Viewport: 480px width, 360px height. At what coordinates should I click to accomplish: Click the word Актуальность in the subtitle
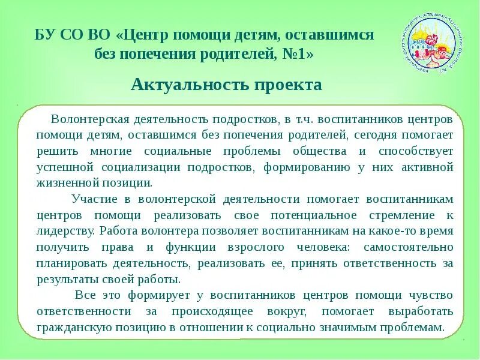(x=179, y=85)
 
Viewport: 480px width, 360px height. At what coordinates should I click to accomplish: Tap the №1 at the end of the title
(x=298, y=53)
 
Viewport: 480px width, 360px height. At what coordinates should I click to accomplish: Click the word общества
(x=320, y=151)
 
